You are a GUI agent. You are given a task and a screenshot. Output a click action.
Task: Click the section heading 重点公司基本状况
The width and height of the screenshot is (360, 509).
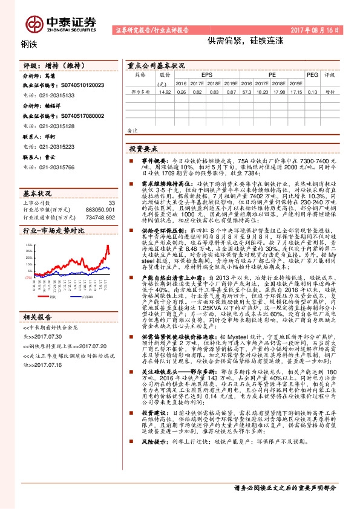tap(155, 65)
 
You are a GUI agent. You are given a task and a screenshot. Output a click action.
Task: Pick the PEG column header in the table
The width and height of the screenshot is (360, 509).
tap(312, 74)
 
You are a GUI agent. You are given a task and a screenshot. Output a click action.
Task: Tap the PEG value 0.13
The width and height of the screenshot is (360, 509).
tap(312, 91)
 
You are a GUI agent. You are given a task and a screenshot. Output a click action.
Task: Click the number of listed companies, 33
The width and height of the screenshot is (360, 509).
tap(111, 203)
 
